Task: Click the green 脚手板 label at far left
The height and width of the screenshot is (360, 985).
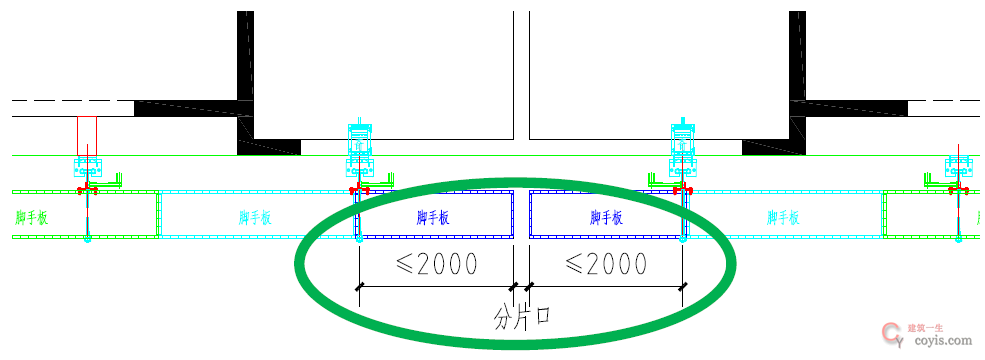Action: pos(34,216)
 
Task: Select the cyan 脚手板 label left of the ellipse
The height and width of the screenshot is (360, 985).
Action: pos(257,216)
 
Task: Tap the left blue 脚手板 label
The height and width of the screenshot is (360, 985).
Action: pos(436,216)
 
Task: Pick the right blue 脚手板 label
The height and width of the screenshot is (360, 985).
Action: pos(607,216)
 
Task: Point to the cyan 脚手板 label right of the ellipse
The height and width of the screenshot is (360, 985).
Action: pos(787,216)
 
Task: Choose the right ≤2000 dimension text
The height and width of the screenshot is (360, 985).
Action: pos(605,264)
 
